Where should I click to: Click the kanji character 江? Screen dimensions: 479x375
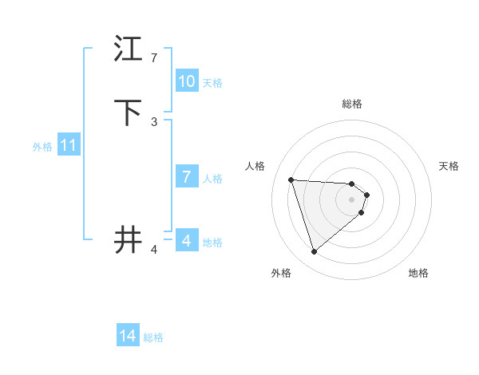(x=129, y=49)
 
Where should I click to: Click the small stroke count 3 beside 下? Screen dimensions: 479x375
(x=154, y=121)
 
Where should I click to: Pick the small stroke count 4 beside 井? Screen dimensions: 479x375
(x=154, y=250)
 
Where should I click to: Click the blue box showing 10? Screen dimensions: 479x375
(x=187, y=81)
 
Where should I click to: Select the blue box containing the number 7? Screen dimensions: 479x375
(x=187, y=177)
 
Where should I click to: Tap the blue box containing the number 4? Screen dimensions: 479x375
(x=187, y=241)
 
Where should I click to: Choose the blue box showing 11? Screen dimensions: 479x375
(x=69, y=146)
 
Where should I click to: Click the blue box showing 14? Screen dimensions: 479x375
(x=128, y=337)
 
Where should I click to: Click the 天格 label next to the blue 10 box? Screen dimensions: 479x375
(x=212, y=83)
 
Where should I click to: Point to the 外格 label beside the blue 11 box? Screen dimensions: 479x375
(x=42, y=147)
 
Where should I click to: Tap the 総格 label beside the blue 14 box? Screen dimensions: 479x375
(x=153, y=337)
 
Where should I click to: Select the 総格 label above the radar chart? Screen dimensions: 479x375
(x=352, y=104)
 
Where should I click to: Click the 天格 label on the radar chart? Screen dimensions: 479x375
(x=449, y=166)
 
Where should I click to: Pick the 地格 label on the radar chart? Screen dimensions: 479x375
(x=418, y=273)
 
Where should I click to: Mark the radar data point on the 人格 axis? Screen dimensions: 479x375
(x=291, y=180)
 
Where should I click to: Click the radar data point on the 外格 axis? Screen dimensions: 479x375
(x=314, y=252)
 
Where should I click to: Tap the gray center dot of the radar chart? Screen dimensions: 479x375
(x=351, y=199)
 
